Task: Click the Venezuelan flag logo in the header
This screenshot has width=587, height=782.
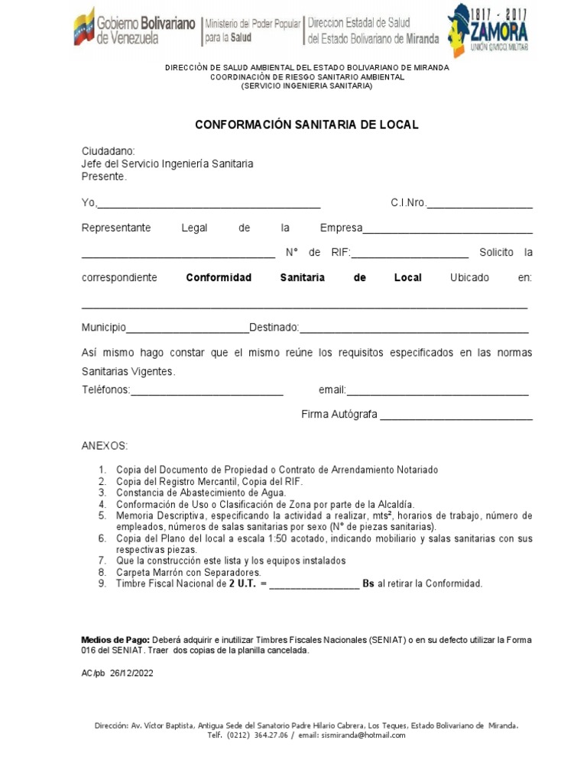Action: pyautogui.click(x=84, y=27)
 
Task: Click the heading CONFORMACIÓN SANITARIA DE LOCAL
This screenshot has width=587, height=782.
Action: pyautogui.click(x=306, y=124)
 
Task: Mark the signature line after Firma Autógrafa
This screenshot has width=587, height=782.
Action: pyautogui.click(x=456, y=416)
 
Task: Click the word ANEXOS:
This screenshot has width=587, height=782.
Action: pyautogui.click(x=105, y=445)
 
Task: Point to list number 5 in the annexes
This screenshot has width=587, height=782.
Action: pyautogui.click(x=101, y=516)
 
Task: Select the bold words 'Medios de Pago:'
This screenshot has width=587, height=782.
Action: pyautogui.click(x=115, y=639)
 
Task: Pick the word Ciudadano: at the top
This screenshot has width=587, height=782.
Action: pyautogui.click(x=108, y=151)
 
